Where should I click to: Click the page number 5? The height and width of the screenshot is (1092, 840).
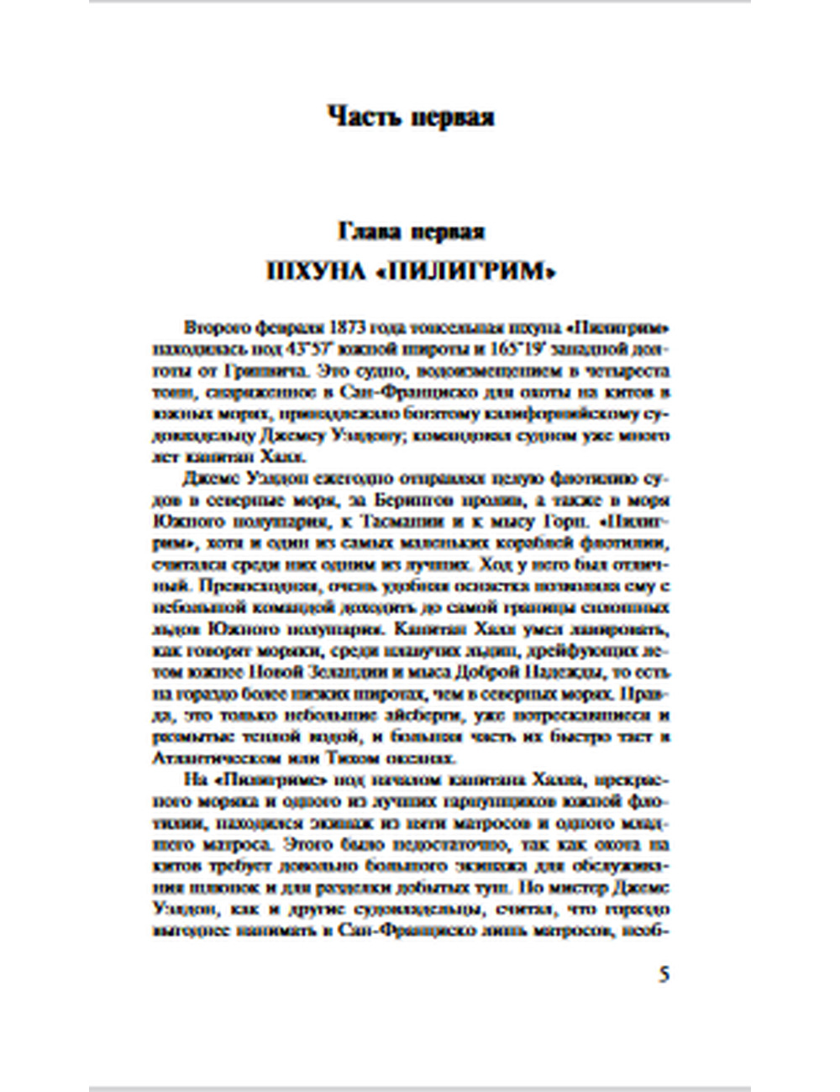point(664,976)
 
